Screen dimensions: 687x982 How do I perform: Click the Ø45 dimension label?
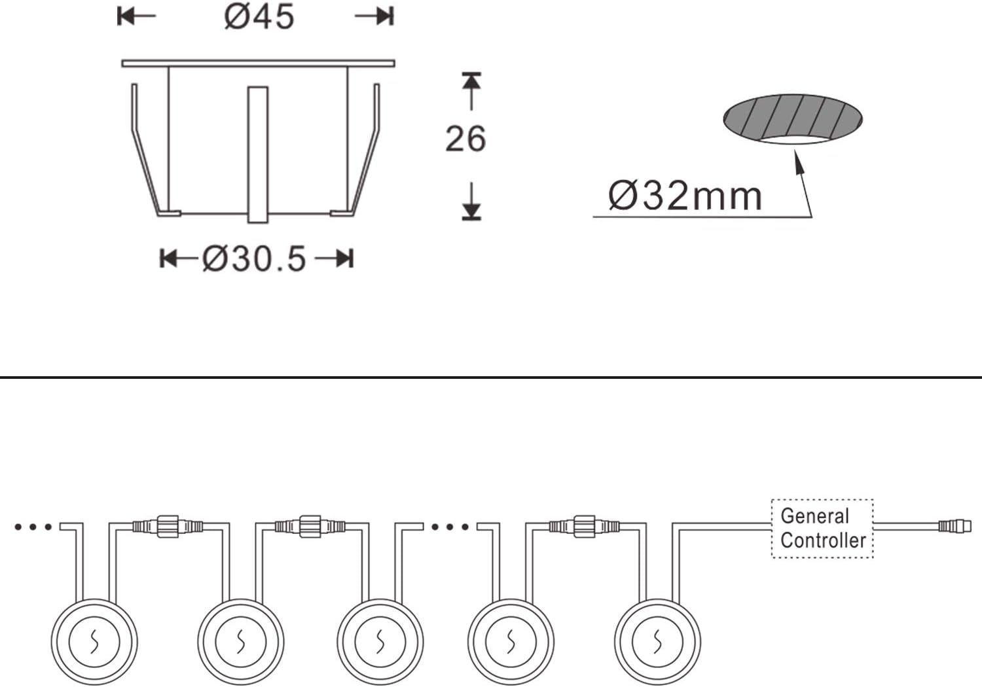[259, 16]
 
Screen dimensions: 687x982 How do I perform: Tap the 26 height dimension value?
[465, 139]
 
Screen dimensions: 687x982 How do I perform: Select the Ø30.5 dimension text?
[254, 258]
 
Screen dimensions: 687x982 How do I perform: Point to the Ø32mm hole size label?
[685, 196]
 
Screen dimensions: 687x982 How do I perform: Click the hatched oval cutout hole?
[793, 118]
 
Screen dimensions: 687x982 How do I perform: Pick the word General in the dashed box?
[814, 516]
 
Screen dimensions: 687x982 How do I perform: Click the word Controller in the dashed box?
[823, 540]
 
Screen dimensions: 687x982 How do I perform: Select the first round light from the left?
[94, 642]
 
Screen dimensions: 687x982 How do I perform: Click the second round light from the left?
[241, 642]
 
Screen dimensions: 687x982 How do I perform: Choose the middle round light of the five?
[380, 642]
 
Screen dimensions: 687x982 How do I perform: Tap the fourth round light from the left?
[511, 642]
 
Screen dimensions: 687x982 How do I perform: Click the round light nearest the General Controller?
[657, 642]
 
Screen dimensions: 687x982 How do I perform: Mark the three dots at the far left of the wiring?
[33, 527]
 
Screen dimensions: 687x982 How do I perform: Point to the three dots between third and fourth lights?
[450, 527]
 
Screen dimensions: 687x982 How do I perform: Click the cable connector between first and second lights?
[168, 525]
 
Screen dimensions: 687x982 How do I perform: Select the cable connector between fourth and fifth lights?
[584, 525]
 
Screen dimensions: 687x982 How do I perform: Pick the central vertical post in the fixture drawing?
[258, 154]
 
